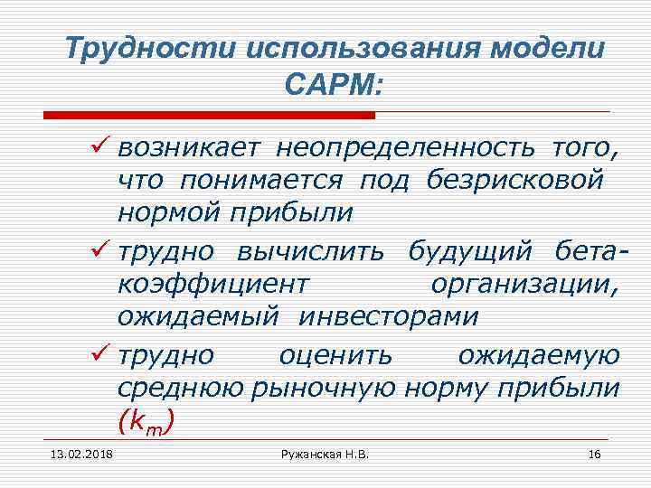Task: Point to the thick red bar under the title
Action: (x=209, y=115)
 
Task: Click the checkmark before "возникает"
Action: (x=101, y=145)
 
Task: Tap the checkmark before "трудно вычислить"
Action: (x=101, y=249)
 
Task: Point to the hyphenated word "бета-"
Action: (x=585, y=249)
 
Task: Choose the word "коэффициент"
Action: (x=212, y=284)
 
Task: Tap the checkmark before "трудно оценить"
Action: (x=101, y=352)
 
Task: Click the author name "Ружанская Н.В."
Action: (x=325, y=454)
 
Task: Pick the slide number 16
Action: (x=594, y=454)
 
